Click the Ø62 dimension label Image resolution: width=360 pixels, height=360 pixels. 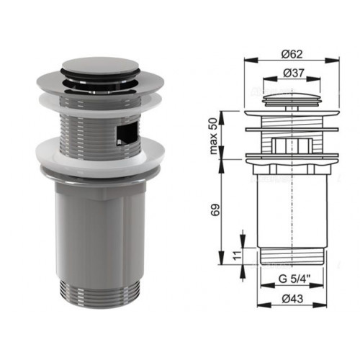[x=292, y=54]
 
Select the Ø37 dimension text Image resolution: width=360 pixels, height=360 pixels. [x=294, y=73]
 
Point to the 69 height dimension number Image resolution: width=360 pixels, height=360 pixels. [x=215, y=210]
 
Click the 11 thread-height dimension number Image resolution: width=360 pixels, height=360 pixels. [x=237, y=256]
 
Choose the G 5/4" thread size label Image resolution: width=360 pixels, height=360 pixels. [x=294, y=279]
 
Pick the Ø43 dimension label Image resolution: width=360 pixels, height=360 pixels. [x=292, y=299]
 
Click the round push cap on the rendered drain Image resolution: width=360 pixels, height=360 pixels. [x=101, y=66]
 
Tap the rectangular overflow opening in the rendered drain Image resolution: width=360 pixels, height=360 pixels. [x=127, y=132]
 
